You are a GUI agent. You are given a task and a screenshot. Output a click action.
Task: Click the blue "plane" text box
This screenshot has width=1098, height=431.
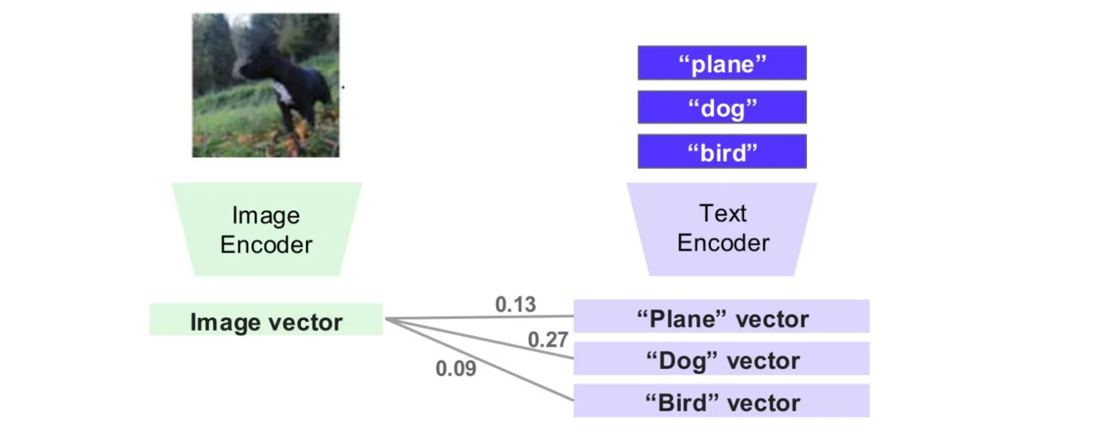point(722,63)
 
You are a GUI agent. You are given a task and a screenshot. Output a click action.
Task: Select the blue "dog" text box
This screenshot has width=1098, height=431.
point(722,107)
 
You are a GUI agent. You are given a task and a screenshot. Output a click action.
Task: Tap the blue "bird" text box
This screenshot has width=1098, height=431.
point(722,151)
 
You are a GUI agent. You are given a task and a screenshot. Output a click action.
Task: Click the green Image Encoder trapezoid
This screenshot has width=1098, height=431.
point(267,229)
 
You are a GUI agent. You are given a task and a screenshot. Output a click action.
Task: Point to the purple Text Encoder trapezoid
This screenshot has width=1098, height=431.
point(721,229)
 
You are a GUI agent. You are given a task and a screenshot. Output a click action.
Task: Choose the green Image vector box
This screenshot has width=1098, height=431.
point(266,319)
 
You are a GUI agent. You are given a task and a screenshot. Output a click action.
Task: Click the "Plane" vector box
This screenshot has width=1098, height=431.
point(721,316)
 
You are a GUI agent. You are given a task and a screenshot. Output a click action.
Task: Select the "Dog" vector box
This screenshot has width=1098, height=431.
point(721,358)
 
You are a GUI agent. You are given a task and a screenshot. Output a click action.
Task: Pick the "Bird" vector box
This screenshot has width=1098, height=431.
point(721,400)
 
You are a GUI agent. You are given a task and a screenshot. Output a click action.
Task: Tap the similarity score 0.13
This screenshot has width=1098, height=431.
point(515,304)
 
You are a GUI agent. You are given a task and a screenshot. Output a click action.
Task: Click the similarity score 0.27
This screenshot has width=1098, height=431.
point(547,340)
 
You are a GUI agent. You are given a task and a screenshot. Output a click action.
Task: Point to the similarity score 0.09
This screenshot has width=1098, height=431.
point(456,369)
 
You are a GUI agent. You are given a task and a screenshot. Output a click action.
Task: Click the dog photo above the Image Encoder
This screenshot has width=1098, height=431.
point(266,85)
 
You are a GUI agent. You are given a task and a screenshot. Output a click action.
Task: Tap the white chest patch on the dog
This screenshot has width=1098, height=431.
point(281,93)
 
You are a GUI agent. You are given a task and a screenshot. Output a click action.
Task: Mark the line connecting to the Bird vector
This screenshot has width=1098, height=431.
point(479,360)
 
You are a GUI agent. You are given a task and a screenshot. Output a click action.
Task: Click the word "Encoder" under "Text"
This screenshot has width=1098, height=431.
point(723,243)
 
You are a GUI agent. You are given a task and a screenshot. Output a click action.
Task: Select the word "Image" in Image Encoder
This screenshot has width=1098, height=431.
point(266,216)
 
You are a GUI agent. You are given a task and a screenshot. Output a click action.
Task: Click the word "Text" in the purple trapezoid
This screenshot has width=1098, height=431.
point(723,214)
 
